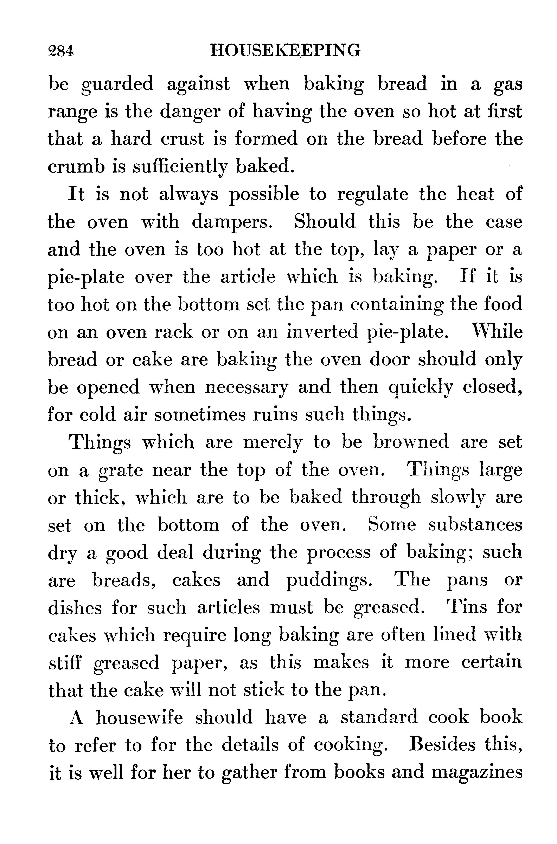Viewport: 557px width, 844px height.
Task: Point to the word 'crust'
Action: tap(182, 139)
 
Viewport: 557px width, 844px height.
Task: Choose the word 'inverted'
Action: tap(322, 332)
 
